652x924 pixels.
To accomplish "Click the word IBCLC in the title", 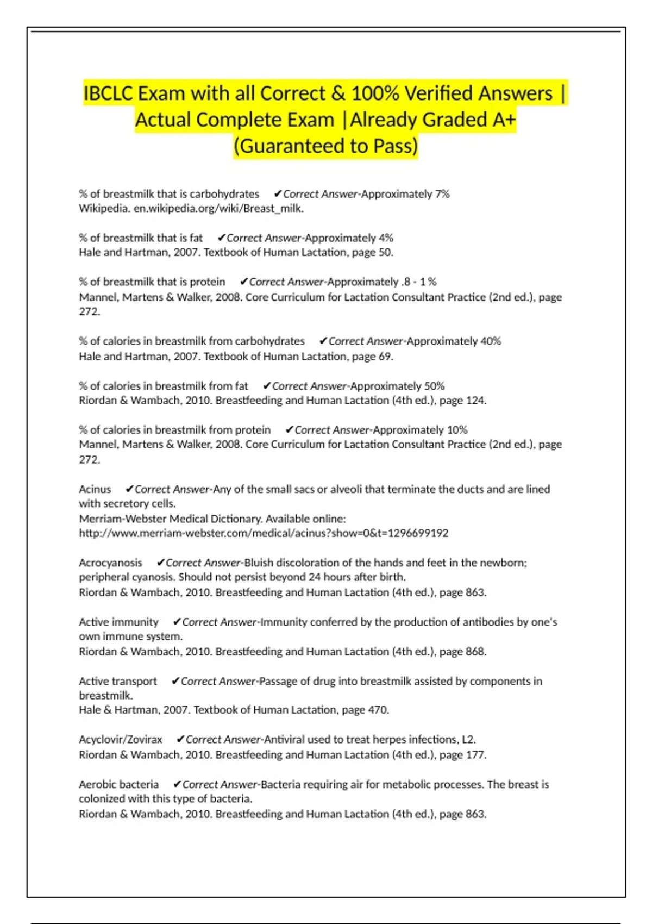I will [108, 93].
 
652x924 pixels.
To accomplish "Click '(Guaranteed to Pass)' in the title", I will [326, 146].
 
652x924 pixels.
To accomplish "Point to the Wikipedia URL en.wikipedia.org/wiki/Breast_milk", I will [218, 208].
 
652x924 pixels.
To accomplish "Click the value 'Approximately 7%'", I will [405, 194].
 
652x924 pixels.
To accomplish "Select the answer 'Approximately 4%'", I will [349, 238].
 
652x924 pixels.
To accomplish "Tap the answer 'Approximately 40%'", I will [454, 341].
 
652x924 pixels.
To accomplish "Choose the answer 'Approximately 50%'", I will [398, 386].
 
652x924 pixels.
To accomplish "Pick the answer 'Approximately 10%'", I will [420, 430].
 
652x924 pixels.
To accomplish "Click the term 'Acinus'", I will [95, 489].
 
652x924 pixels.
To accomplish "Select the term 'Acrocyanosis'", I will [110, 563].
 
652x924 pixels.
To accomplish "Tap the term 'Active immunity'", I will [118, 622].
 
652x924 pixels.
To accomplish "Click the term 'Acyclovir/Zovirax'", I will [121, 740].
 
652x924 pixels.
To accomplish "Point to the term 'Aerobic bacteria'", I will [118, 784].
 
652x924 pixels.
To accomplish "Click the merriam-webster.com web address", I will [264, 533].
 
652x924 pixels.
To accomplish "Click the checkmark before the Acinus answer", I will [129, 489].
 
